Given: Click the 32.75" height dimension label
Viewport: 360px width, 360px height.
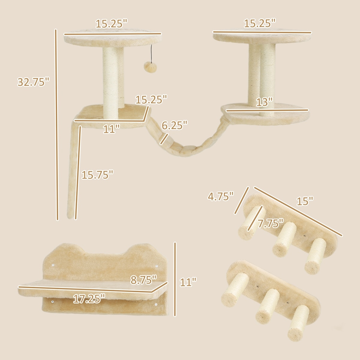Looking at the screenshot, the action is (33, 82).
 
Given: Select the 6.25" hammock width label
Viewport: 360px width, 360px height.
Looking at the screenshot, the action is (174, 125).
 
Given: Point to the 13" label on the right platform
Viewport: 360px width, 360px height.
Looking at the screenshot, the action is (264, 102).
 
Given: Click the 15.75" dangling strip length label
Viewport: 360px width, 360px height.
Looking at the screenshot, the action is (97, 175).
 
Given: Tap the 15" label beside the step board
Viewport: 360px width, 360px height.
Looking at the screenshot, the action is (305, 201).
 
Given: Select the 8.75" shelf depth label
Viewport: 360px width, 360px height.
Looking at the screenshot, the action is (143, 280).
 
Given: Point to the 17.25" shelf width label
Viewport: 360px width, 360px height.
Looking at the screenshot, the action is (89, 299).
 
